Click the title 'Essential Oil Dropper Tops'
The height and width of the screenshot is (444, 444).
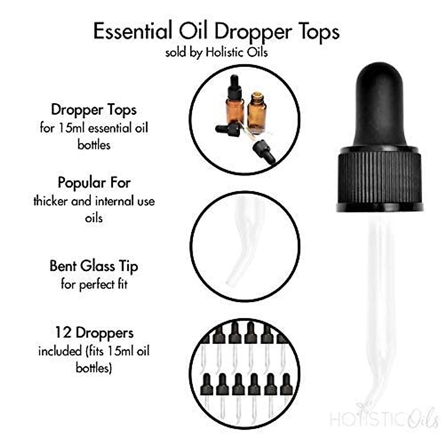(x=216, y=32)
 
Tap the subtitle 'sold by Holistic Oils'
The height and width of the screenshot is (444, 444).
(x=216, y=52)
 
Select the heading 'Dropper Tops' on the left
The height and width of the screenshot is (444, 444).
(x=94, y=110)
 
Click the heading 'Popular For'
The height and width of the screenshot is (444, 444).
(x=94, y=183)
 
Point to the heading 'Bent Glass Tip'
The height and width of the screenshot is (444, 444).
(x=94, y=266)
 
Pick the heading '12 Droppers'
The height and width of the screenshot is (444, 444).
(x=94, y=333)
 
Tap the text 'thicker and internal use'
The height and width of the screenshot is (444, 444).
(x=94, y=201)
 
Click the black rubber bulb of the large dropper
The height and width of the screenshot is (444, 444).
(x=379, y=107)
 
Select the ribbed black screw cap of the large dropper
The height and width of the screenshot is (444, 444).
(x=380, y=179)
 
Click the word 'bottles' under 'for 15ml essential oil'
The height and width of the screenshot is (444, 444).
(x=94, y=145)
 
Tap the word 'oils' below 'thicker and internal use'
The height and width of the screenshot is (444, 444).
(x=94, y=218)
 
